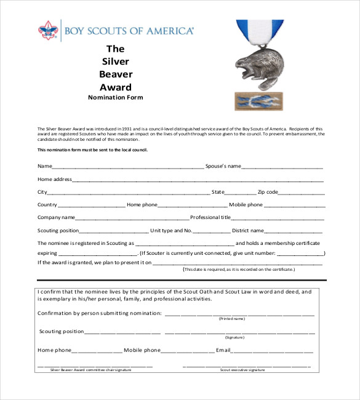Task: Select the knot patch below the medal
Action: coord(258,101)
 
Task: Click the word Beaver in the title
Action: coord(116,73)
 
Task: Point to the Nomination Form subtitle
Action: coord(115,97)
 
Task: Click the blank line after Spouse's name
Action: coord(282,166)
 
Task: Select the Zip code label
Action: coord(268,192)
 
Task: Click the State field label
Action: coord(218,192)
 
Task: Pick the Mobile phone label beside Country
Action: coord(246,205)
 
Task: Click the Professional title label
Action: coord(210,217)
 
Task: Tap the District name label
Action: coord(247,231)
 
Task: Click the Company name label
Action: coord(56,217)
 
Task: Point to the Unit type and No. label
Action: coord(172,231)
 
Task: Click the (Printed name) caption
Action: coord(232,319)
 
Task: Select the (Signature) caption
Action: coord(234,337)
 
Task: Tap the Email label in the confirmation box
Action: coord(223,350)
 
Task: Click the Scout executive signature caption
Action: coord(242,370)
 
